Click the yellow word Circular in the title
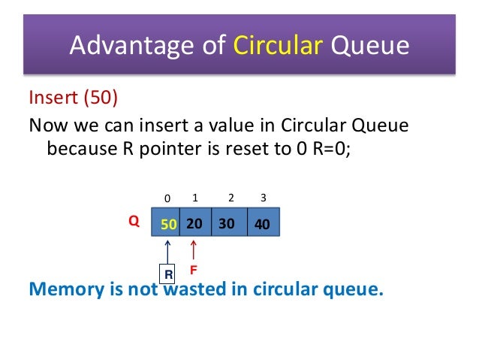(276, 47)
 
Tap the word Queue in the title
(369, 47)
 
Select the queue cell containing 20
(195, 224)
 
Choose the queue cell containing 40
(262, 224)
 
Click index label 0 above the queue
(167, 198)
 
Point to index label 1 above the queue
(195, 198)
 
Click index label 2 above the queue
(230, 198)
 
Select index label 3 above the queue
(263, 198)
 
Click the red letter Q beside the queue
(133, 223)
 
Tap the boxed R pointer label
(168, 275)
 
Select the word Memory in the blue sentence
(65, 290)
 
